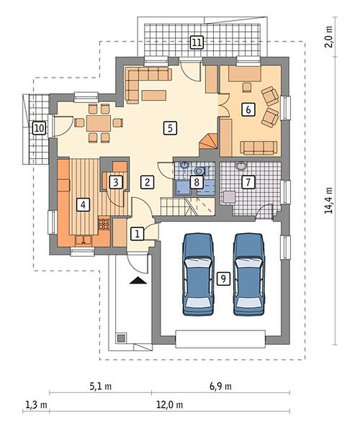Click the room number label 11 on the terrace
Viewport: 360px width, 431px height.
click(x=197, y=42)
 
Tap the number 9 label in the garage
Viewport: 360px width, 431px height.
click(x=223, y=278)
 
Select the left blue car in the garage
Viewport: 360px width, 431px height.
click(x=199, y=274)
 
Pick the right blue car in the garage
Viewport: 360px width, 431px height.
click(x=249, y=274)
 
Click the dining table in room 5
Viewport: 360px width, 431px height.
click(x=99, y=123)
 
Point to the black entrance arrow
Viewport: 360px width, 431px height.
click(x=138, y=281)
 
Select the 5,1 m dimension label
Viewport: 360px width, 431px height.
click(x=101, y=386)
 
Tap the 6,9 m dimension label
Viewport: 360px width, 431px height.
click(x=220, y=386)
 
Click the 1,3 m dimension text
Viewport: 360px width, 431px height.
click(x=36, y=405)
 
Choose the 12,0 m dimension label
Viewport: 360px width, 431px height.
click(x=170, y=405)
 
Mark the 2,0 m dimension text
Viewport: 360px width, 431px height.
click(x=328, y=37)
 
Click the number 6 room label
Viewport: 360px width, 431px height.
click(x=248, y=109)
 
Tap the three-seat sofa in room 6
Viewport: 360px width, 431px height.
click(x=258, y=148)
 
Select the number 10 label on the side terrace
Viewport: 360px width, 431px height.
click(x=39, y=128)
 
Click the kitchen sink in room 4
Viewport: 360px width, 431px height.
click(x=84, y=240)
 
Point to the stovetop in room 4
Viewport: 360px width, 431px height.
click(x=104, y=224)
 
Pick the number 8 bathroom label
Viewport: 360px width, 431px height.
click(x=197, y=182)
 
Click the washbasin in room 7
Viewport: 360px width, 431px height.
click(x=241, y=166)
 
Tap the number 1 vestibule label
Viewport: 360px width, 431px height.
click(x=138, y=234)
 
